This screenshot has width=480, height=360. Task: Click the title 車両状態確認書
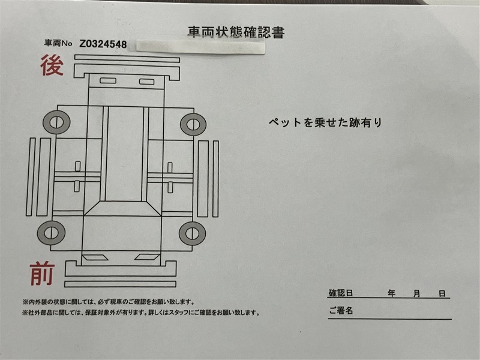[236, 32]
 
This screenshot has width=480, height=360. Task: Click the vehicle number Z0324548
[103, 44]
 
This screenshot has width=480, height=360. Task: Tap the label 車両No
[58, 43]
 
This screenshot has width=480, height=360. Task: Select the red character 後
[52, 65]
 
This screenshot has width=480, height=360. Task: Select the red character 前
[42, 274]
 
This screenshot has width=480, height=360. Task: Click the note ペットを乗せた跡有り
[325, 122]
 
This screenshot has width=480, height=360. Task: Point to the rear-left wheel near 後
[56, 122]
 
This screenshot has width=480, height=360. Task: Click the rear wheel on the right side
[193, 125]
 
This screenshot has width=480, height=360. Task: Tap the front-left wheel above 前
[51, 233]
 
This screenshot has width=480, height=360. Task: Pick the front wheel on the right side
[192, 233]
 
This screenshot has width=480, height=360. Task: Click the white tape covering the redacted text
[200, 48]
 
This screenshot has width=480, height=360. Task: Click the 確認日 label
[341, 293]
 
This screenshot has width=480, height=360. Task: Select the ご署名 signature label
[341, 311]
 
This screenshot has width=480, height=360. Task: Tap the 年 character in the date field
[391, 293]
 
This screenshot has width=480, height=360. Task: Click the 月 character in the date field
[416, 293]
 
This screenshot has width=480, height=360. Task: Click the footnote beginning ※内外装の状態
[109, 302]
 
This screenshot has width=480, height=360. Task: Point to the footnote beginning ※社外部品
[141, 313]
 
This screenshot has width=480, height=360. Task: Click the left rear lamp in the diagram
[108, 80]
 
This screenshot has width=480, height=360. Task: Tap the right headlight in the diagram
[147, 257]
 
